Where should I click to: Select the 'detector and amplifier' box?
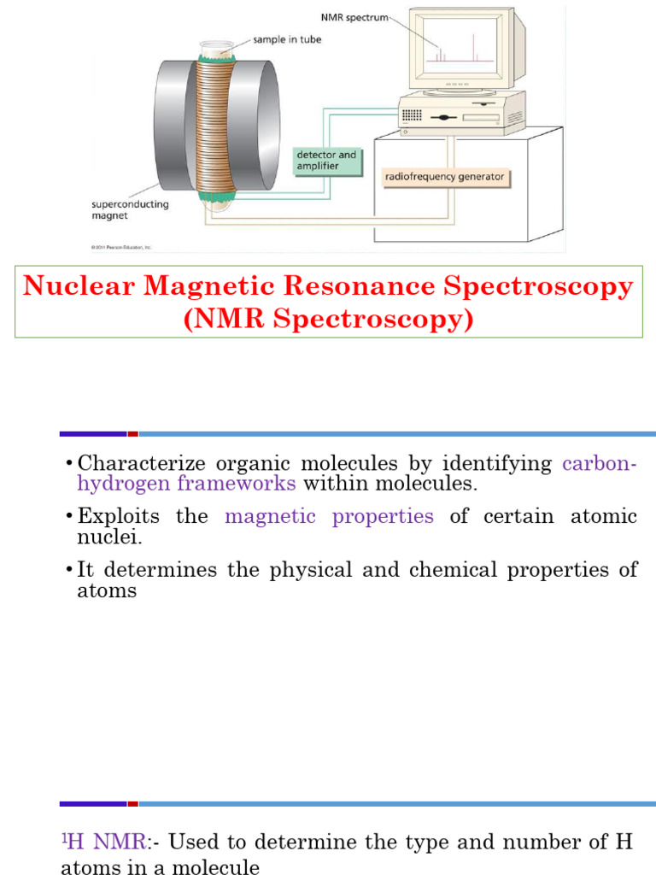[x=325, y=160]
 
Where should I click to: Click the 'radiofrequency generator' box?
[x=445, y=178]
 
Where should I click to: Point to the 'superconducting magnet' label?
[x=131, y=210]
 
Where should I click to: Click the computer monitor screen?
[x=460, y=48]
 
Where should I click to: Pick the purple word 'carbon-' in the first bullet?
[x=600, y=464]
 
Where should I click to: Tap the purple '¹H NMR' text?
[x=103, y=843]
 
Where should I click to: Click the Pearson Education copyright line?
[x=121, y=248]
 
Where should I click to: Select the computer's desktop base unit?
[x=461, y=112]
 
